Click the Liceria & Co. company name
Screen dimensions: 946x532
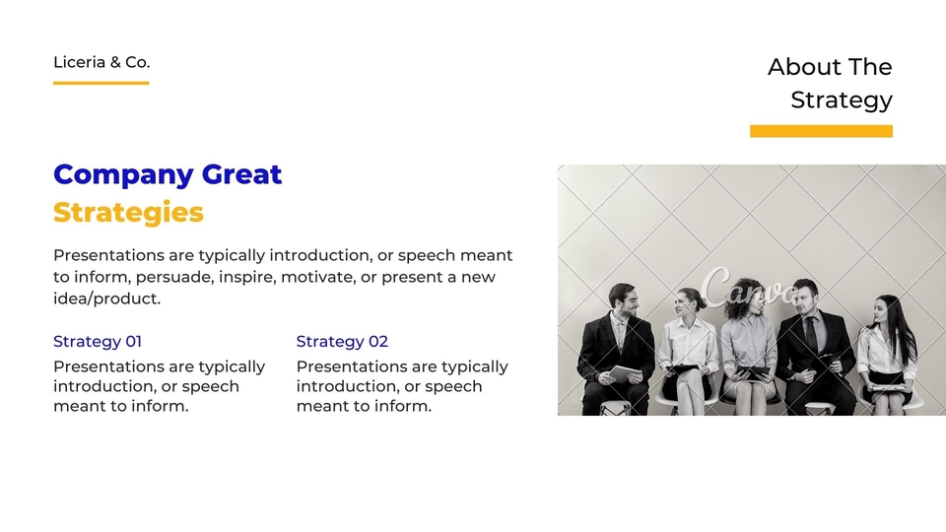pyautogui.click(x=101, y=62)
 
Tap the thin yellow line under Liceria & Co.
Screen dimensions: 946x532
pyautogui.click(x=101, y=83)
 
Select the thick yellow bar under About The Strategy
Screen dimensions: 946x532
pyautogui.click(x=821, y=131)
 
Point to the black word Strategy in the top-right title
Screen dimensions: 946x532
pyautogui.click(x=842, y=100)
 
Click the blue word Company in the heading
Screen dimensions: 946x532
pyautogui.click(x=123, y=175)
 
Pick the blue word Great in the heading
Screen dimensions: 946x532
pyautogui.click(x=241, y=174)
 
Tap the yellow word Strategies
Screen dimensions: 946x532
pyautogui.click(x=128, y=213)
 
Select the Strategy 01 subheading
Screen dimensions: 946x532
pyautogui.click(x=98, y=342)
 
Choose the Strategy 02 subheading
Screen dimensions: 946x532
pyautogui.click(x=342, y=342)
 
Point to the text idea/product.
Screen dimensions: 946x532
pyautogui.click(x=106, y=299)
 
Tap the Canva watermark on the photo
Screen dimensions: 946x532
pyautogui.click(x=748, y=290)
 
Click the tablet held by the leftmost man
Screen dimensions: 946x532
pyautogui.click(x=625, y=374)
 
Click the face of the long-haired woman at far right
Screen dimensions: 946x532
pyautogui.click(x=880, y=312)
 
